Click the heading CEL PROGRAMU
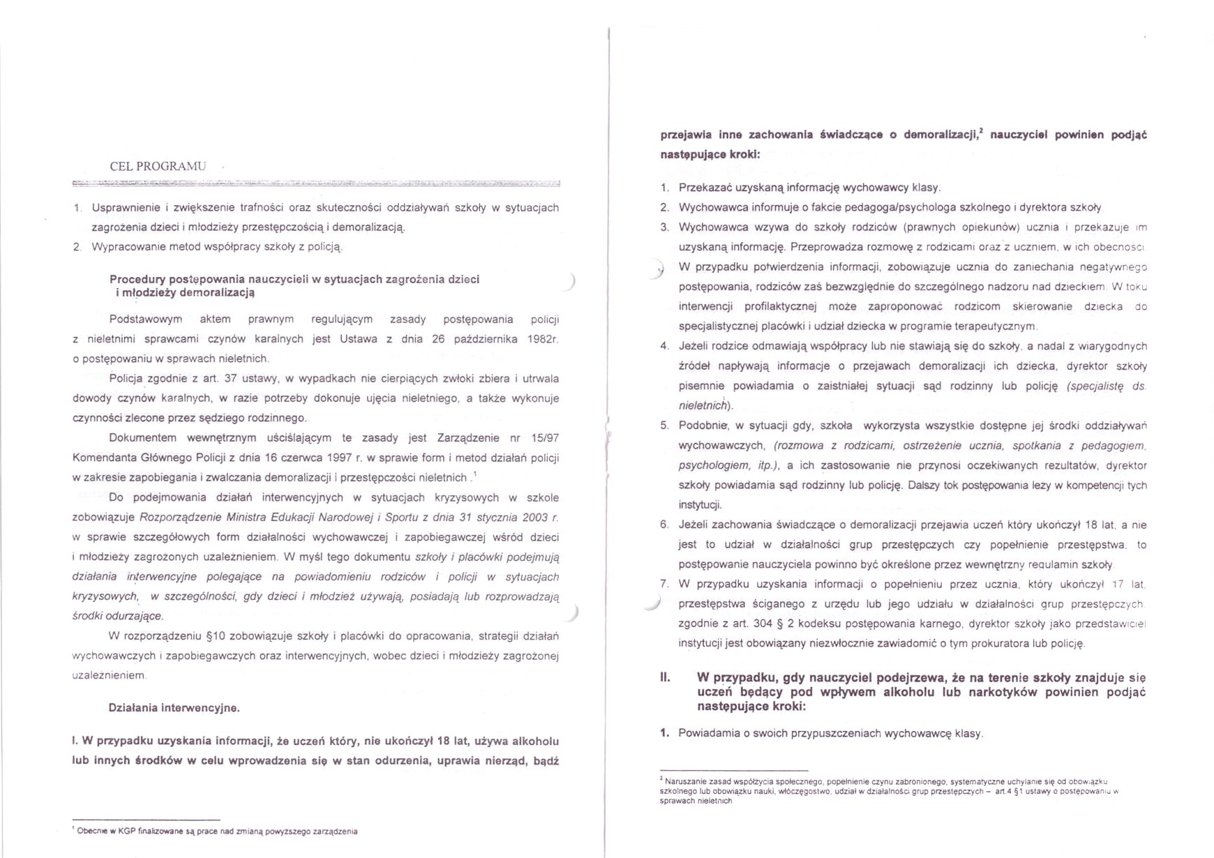tap(158, 166)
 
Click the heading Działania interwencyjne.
tap(174, 708)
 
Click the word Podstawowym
tap(146, 319)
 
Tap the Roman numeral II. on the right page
tap(665, 677)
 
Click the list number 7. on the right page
tap(664, 584)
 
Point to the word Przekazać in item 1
tap(703, 188)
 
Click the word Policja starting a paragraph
tap(126, 379)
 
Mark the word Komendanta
tap(103, 458)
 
